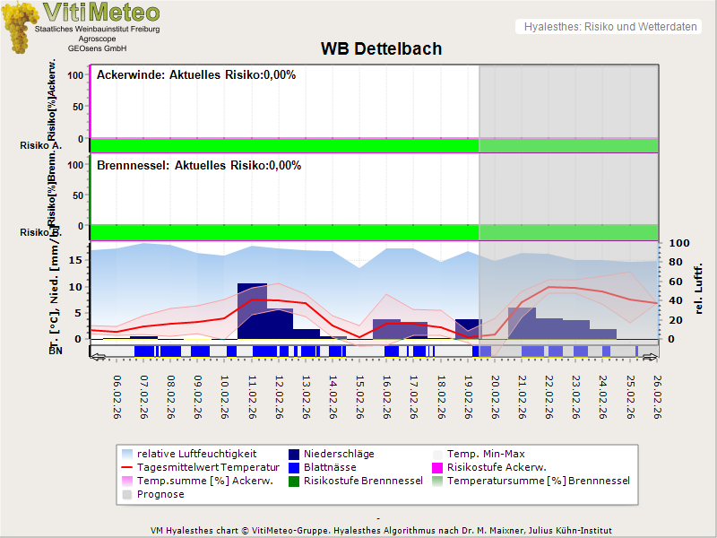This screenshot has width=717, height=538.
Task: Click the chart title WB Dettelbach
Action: (381, 48)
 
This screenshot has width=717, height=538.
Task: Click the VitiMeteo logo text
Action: (101, 13)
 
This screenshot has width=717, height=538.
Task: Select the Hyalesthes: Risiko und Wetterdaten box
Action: (609, 27)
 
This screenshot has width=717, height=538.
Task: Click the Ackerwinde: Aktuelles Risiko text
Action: (196, 75)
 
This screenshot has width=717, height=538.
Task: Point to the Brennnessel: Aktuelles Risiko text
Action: (199, 166)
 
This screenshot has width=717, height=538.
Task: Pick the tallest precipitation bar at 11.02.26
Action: (252, 310)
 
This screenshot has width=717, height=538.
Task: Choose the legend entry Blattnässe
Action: (330, 467)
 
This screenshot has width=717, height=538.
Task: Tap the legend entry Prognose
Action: (160, 494)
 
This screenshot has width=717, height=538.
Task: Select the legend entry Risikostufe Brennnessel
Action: (363, 481)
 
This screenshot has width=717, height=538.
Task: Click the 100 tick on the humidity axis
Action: (678, 244)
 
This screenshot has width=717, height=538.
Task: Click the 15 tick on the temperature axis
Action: (76, 260)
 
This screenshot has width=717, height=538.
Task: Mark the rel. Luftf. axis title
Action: (699, 287)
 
